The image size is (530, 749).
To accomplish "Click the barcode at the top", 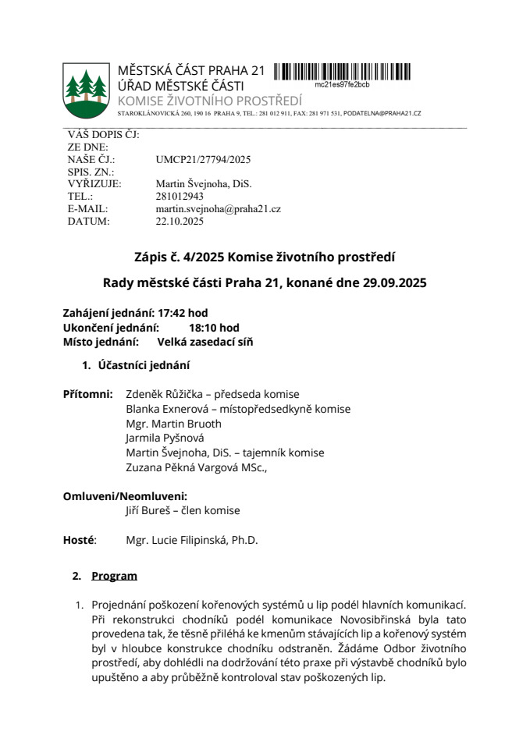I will click(x=342, y=72).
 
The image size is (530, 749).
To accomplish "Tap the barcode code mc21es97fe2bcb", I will click(x=342, y=84).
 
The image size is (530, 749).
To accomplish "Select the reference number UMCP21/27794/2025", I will click(x=203, y=159).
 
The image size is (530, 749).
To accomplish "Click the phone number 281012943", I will click(x=180, y=197).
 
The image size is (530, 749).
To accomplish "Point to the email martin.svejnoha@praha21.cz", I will click(x=218, y=209).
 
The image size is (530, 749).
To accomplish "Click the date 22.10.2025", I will click(x=180, y=222).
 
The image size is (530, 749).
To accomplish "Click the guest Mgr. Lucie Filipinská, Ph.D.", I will click(x=191, y=540).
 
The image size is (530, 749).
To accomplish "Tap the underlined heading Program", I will click(x=114, y=576).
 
